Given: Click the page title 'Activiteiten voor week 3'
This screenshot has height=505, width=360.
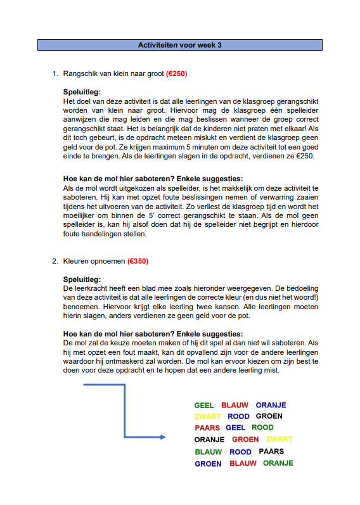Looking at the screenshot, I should coord(180,45).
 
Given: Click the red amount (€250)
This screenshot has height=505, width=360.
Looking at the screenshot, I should coord(176,74).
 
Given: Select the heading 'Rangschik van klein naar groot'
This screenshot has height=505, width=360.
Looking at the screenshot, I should coord(113,74).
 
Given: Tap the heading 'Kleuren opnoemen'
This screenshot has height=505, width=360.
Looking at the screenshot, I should coord(94,260).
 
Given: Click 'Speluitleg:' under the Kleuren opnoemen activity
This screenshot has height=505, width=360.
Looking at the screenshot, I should coord(82,279).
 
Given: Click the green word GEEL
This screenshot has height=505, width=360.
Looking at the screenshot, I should coord(204,405).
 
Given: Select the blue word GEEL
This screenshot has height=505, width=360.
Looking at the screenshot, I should coord(235,428).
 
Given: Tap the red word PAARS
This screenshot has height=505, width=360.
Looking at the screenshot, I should coord(207,428).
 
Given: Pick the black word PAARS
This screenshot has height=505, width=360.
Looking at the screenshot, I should coord(271,452).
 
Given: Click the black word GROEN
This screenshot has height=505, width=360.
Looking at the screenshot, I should coord(269,416).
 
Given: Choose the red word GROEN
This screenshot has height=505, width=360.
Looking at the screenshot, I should coord(245,439).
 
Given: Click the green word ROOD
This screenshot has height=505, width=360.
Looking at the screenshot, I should coord(262,428).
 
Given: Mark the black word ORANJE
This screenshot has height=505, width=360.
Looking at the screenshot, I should coord(209,439).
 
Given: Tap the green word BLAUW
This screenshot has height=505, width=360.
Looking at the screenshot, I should coord(208,452).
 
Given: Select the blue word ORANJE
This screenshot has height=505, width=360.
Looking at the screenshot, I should coord(271,405).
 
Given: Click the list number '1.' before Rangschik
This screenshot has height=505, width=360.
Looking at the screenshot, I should coord(55,74).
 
